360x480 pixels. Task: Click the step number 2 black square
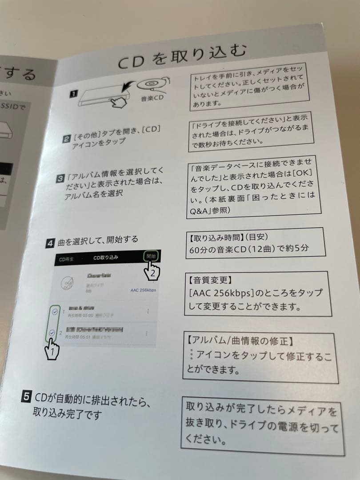(x=65, y=140)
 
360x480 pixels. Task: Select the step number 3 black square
(x=61, y=179)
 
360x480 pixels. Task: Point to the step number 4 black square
(x=51, y=243)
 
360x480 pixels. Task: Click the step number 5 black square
(x=26, y=395)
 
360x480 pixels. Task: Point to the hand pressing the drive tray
(x=117, y=103)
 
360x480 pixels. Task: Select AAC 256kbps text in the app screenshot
(x=143, y=290)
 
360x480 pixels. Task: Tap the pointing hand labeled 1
(x=53, y=348)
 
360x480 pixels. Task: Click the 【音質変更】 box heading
(x=208, y=280)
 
